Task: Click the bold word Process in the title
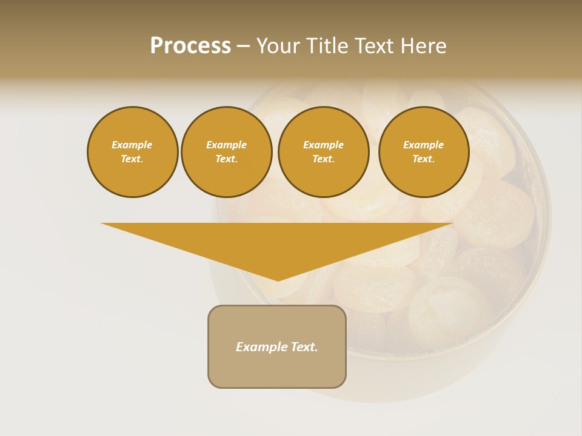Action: click(190, 46)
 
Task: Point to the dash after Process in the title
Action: click(243, 47)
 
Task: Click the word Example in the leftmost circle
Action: click(132, 145)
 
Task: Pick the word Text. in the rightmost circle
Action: click(423, 159)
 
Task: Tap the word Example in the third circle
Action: click(323, 145)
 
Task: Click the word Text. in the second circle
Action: click(226, 159)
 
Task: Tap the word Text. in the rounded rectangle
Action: click(304, 347)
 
